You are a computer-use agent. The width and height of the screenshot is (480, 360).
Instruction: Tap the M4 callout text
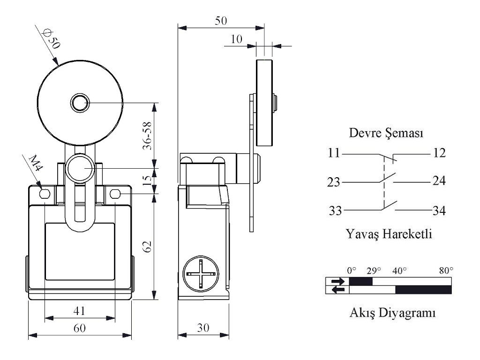point(33,165)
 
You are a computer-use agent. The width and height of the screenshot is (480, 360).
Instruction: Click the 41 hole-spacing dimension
point(79,311)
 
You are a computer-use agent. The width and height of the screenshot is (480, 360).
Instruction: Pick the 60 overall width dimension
point(79,328)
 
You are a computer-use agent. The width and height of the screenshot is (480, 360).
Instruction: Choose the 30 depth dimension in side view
point(203,328)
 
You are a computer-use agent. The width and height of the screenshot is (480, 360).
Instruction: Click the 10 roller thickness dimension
point(237,39)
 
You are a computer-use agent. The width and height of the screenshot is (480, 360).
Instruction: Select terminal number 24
point(439,181)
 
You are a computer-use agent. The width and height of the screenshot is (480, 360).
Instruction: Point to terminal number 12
point(439,153)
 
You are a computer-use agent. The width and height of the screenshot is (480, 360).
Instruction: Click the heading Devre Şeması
point(387,134)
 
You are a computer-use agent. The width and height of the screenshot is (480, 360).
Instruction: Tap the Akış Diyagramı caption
point(393,313)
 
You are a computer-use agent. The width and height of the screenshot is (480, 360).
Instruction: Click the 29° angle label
point(373,270)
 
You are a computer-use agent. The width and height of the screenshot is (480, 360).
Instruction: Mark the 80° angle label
point(446,270)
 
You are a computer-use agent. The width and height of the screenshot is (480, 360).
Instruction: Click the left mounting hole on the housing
point(45,194)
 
